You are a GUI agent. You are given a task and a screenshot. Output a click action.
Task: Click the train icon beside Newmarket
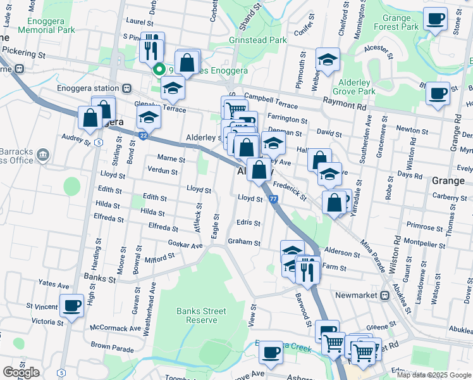click(384, 296)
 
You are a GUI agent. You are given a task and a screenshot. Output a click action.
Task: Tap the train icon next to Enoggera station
click(127, 88)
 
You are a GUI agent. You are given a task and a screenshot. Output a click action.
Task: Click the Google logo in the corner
click(21, 372)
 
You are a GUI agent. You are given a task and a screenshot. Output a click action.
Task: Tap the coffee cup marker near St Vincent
click(71, 306)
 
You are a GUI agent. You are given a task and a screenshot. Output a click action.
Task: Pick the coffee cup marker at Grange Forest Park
click(434, 19)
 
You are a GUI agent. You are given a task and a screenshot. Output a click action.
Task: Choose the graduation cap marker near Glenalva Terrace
click(149, 117)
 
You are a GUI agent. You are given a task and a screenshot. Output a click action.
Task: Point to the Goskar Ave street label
click(185, 244)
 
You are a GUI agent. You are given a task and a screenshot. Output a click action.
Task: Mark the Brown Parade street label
click(112, 348)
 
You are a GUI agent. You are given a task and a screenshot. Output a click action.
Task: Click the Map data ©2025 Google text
click(434, 375)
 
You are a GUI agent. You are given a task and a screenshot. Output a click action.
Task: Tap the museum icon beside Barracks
click(42, 154)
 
